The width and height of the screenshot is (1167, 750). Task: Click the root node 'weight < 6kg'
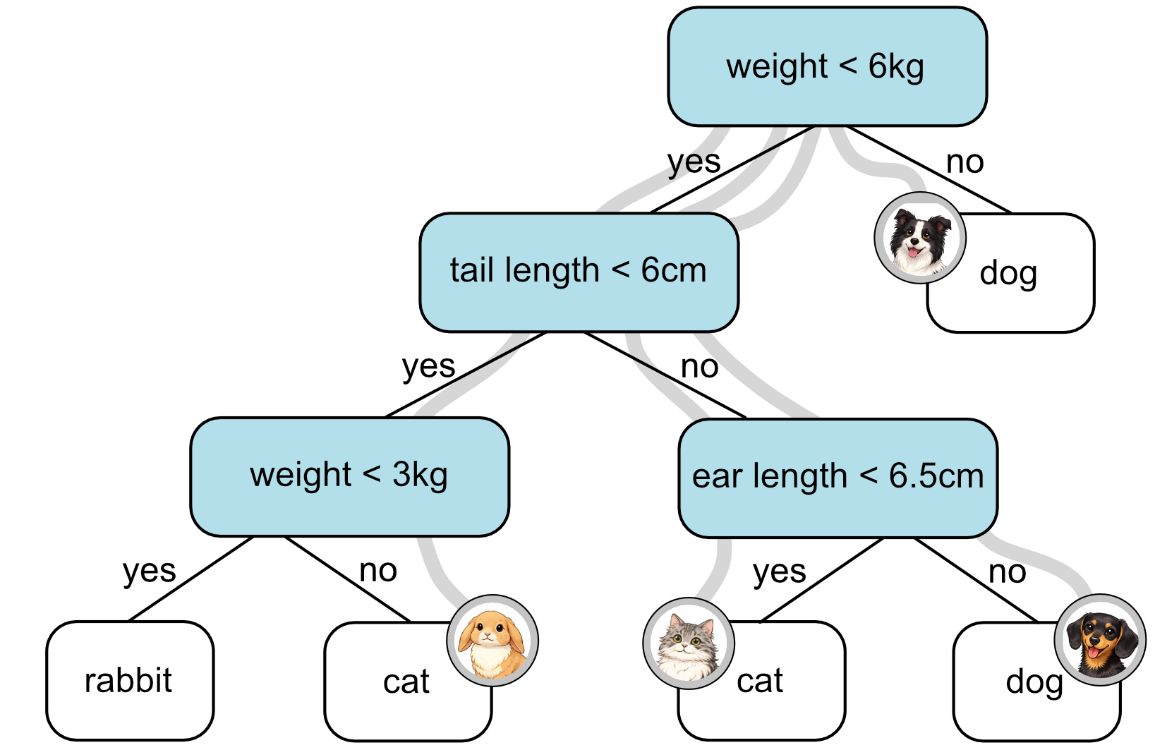click(x=826, y=67)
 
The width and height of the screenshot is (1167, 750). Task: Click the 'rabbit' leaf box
click(x=129, y=681)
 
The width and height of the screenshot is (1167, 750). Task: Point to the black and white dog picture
click(x=919, y=238)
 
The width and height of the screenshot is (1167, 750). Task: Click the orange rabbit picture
click(x=492, y=641)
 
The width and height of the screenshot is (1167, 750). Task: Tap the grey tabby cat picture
click(x=688, y=643)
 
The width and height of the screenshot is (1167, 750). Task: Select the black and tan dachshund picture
click(x=1099, y=641)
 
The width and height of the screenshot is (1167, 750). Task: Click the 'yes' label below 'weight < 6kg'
click(x=694, y=162)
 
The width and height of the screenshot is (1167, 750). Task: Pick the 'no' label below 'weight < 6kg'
click(x=965, y=162)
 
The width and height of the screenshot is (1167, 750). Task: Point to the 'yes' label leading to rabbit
click(x=149, y=571)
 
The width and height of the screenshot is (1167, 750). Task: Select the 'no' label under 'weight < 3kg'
click(x=378, y=571)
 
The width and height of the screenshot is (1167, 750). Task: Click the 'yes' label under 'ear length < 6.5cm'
click(x=779, y=572)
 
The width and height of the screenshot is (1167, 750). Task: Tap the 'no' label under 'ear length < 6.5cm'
click(x=1007, y=572)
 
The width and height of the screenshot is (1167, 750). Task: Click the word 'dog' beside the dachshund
click(x=1034, y=682)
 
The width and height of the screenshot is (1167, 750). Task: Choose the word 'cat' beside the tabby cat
click(x=760, y=681)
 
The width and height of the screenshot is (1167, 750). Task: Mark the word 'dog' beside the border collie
click(x=1008, y=274)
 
